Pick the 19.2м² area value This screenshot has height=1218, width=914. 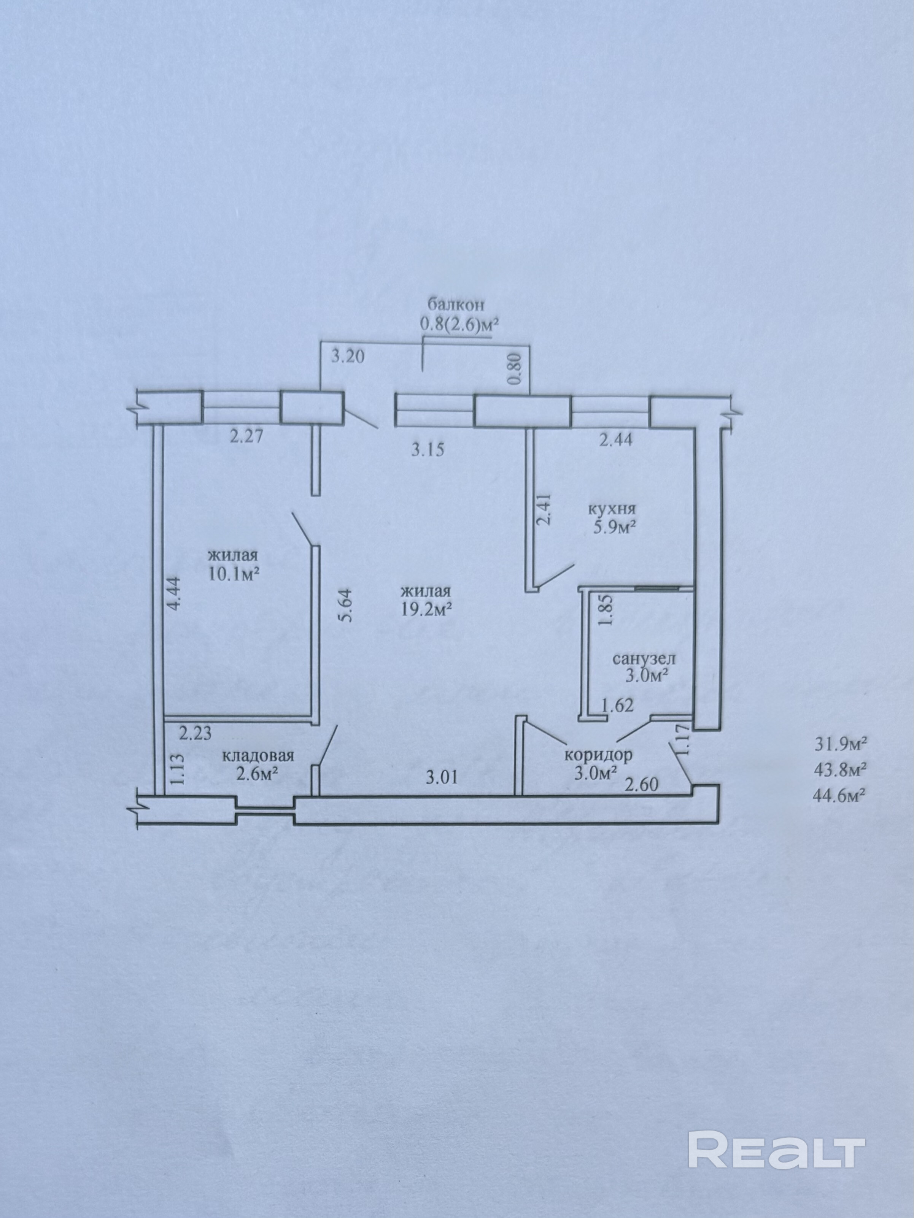(426, 609)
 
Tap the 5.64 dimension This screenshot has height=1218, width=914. (346, 605)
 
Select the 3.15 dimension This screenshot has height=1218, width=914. (428, 450)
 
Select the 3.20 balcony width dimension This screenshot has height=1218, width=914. (348, 357)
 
